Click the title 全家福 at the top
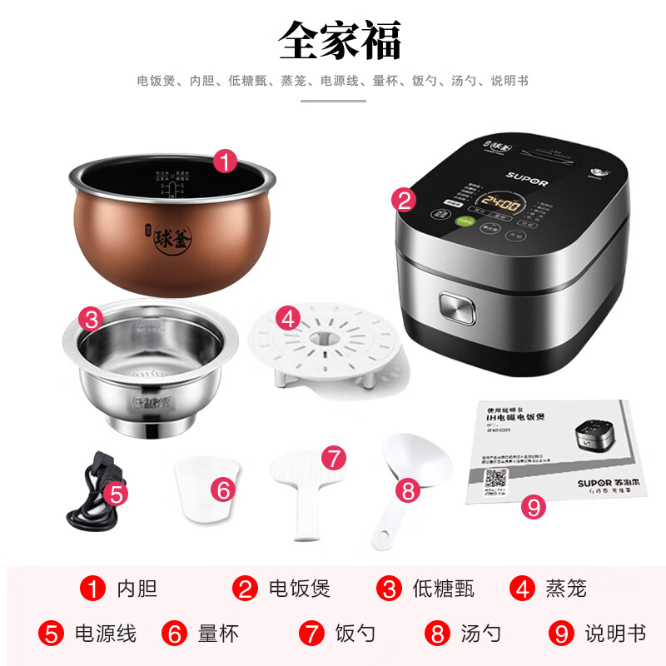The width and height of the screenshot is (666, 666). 340,39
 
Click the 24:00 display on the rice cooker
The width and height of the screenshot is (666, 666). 499,204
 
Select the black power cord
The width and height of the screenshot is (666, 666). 92,495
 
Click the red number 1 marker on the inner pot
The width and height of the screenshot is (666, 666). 224,161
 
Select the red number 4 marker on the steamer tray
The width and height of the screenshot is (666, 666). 288,317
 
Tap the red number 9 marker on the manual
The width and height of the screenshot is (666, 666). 532,506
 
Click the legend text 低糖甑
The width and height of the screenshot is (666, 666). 443,589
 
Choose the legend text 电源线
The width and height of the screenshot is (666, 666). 106,634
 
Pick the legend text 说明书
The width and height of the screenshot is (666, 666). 614,634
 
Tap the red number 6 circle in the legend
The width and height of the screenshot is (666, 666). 176,634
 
